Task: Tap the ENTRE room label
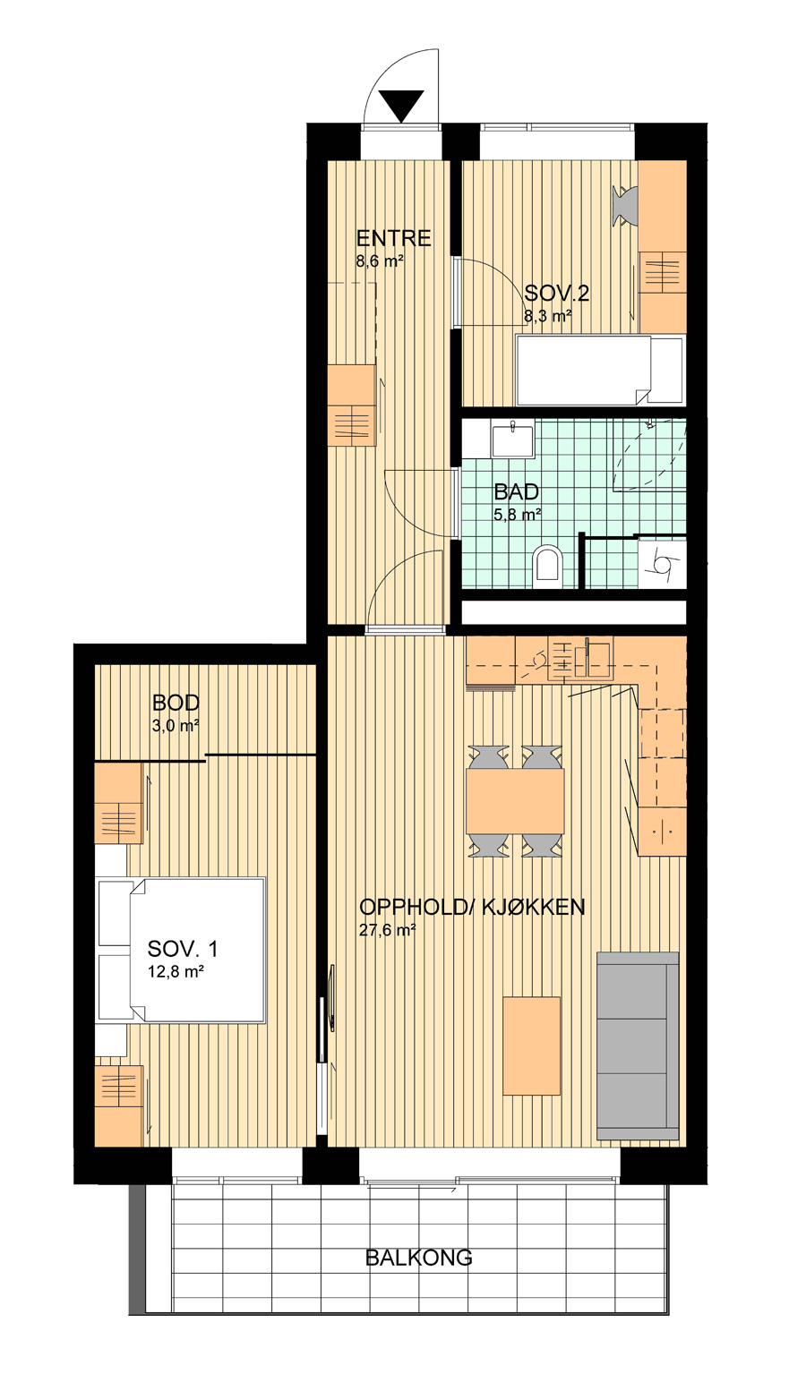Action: [393, 238]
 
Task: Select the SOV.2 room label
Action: [557, 294]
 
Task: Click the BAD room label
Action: [516, 491]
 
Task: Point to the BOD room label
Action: [176, 703]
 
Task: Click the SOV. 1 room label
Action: [183, 949]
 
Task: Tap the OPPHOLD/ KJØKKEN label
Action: [471, 907]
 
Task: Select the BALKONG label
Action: [418, 1258]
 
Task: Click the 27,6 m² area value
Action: [388, 930]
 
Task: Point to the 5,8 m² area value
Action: [518, 514]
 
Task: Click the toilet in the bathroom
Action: [547, 563]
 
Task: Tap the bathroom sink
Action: [512, 440]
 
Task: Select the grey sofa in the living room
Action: [638, 1045]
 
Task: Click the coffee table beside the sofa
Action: [532, 1045]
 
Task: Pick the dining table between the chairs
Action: [515, 801]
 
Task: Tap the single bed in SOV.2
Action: [601, 370]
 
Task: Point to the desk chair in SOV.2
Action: [626, 206]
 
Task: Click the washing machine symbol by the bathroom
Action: [662, 562]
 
